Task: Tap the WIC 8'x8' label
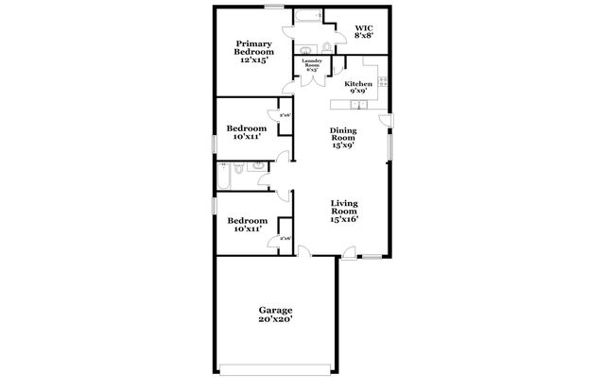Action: coord(364,32)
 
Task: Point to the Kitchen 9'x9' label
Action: coord(358,87)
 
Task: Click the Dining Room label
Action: coord(342,138)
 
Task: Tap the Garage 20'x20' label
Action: coord(276,314)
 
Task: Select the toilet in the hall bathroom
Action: coord(240,169)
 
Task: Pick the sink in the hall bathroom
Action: coord(257,166)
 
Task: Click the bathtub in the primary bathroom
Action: coord(307,16)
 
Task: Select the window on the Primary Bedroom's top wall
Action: coord(276,7)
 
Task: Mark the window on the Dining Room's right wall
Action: coord(389,145)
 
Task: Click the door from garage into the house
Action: coord(302,250)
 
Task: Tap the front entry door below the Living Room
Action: coord(349,251)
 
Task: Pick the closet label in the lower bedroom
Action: coord(285,239)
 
